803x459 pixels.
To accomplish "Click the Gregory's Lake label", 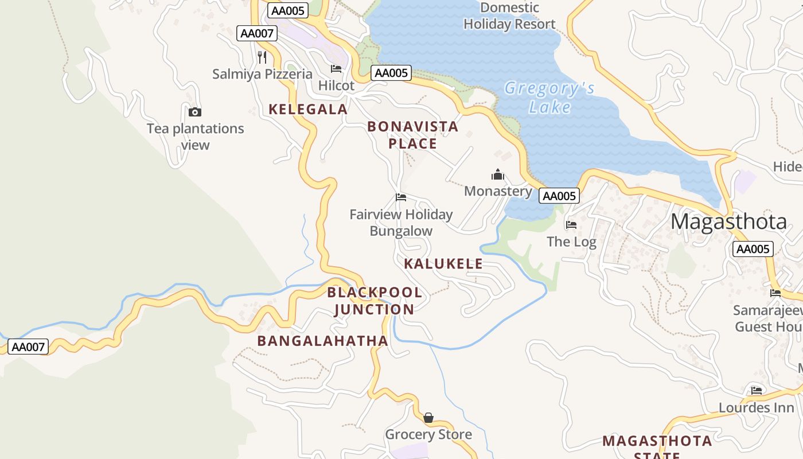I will click(x=549, y=98).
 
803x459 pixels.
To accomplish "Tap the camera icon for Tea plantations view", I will click(x=195, y=112).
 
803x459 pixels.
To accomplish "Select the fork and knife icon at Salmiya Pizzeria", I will click(x=262, y=57).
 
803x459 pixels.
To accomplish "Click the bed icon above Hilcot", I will click(x=336, y=69).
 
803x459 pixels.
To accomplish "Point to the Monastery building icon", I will click(x=498, y=174).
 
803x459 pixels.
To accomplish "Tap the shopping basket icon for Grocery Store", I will click(x=428, y=418).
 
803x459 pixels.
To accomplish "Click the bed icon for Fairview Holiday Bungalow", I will click(x=401, y=197).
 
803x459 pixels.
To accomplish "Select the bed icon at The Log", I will click(x=571, y=225).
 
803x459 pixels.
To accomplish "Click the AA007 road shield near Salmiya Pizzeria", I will click(x=257, y=33).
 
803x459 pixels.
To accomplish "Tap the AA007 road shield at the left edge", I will click(x=28, y=347).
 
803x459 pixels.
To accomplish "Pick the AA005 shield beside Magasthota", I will click(x=753, y=249).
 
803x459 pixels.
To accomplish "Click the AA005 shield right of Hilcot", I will click(x=391, y=73).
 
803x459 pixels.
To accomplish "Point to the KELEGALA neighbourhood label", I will click(x=308, y=109).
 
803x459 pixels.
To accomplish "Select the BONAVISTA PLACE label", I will click(x=412, y=135).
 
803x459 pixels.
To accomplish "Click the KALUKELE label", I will click(x=443, y=264).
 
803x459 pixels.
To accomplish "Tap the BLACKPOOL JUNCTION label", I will click(x=375, y=301).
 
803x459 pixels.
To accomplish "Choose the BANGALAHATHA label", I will click(x=322, y=341).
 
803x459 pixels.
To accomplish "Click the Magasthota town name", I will click(x=728, y=221).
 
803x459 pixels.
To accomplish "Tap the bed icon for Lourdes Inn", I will click(x=757, y=391).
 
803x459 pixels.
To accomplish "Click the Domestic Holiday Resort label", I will click(x=509, y=16).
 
